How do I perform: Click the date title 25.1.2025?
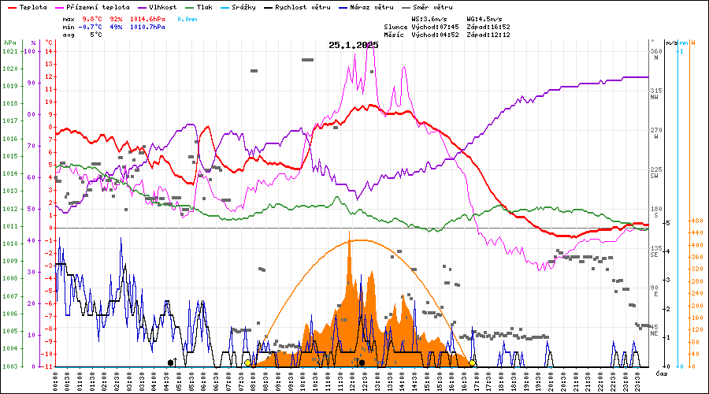354,45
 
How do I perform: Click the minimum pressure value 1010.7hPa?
147,27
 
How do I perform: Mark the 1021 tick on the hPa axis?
9,51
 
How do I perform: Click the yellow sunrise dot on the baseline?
247,362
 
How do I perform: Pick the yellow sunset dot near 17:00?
473,362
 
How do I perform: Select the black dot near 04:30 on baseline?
171,362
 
